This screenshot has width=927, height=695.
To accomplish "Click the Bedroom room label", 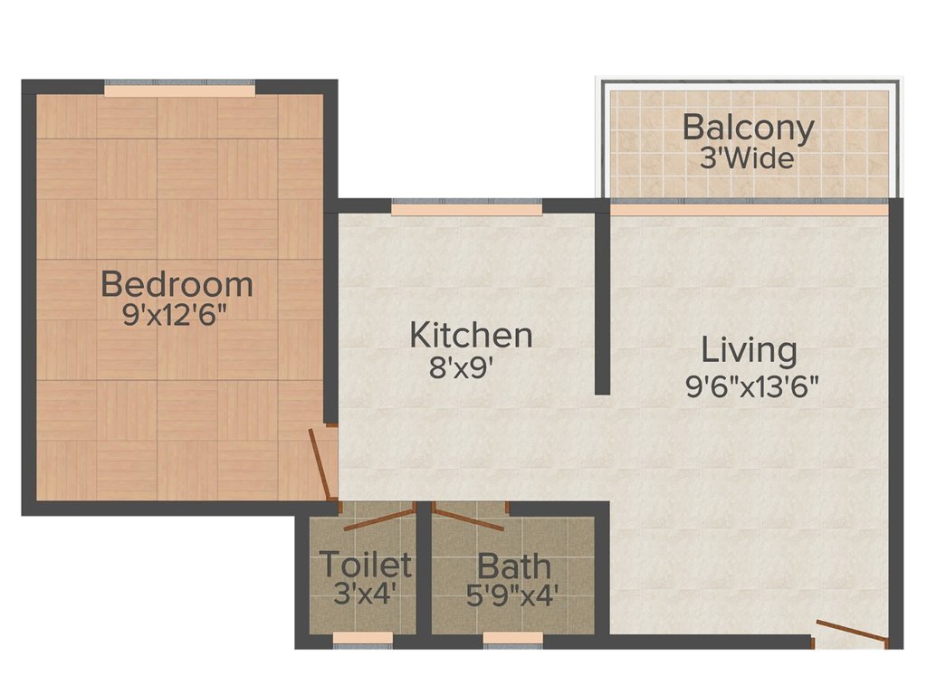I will pos(177,284).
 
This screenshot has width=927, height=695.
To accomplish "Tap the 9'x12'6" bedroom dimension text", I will pos(177,319).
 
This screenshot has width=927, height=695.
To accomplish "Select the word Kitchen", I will pos(471,335).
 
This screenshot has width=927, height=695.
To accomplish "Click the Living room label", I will pos(750,349).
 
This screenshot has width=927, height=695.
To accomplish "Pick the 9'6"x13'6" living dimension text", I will pos(751,387).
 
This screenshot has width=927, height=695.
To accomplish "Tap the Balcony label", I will pos(748,128).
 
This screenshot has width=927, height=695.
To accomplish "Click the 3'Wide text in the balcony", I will pos(748,160).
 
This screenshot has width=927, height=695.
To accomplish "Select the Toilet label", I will pos(365,566).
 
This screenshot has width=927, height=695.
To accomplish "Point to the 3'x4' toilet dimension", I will pos(365,596).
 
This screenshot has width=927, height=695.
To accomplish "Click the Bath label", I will pos(513,567).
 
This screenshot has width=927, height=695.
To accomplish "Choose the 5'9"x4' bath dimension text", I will pos(513,596).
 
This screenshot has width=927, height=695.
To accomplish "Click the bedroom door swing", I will pos(319,463).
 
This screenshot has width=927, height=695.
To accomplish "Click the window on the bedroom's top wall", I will pos(179,90).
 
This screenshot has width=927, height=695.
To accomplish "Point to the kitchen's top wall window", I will pos(467,208).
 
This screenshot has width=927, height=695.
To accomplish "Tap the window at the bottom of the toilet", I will pos(363,638).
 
